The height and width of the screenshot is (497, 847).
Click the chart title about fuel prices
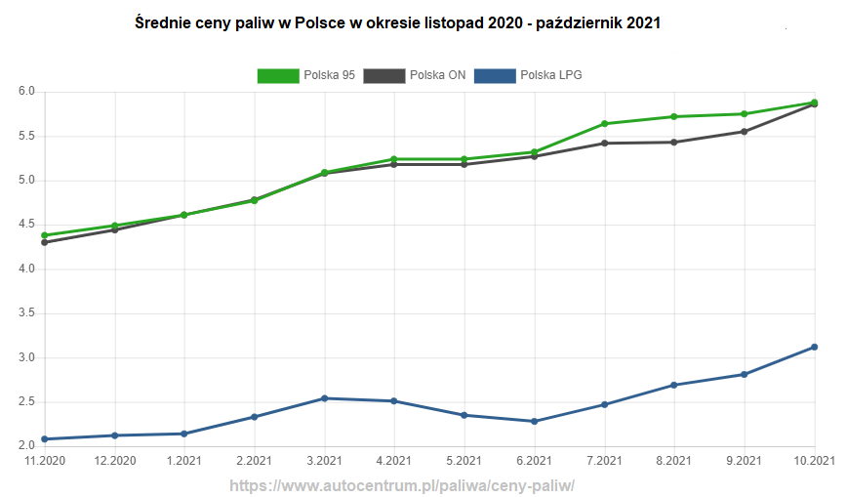pos(398,22)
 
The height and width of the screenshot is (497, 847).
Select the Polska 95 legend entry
pos(306,75)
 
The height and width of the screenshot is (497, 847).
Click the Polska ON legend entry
pos(415,75)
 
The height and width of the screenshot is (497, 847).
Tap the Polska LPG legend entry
pos(528,75)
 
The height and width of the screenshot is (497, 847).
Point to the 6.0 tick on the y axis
pos(26,92)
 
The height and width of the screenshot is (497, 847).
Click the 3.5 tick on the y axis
pos(26,313)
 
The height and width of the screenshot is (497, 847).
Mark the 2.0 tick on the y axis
pos(26,446)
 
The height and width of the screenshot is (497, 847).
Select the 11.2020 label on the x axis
pos(45,460)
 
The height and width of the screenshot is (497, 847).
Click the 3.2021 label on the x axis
pos(324,460)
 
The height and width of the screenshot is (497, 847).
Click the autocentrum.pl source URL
pos(402,485)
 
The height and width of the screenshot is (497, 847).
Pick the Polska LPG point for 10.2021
pos(815,347)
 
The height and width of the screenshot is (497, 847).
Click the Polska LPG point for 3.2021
pos(324,398)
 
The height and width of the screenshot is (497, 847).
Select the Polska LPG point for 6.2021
pos(534,422)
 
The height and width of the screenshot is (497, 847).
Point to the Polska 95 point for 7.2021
pos(604,124)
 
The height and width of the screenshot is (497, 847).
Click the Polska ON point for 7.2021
pos(604,144)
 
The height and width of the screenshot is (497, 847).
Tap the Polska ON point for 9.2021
pos(745,132)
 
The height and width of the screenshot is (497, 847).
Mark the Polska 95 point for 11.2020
pos(45,235)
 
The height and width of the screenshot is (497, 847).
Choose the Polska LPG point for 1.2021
pos(184,434)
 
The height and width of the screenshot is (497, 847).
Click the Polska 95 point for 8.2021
pos(674,117)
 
